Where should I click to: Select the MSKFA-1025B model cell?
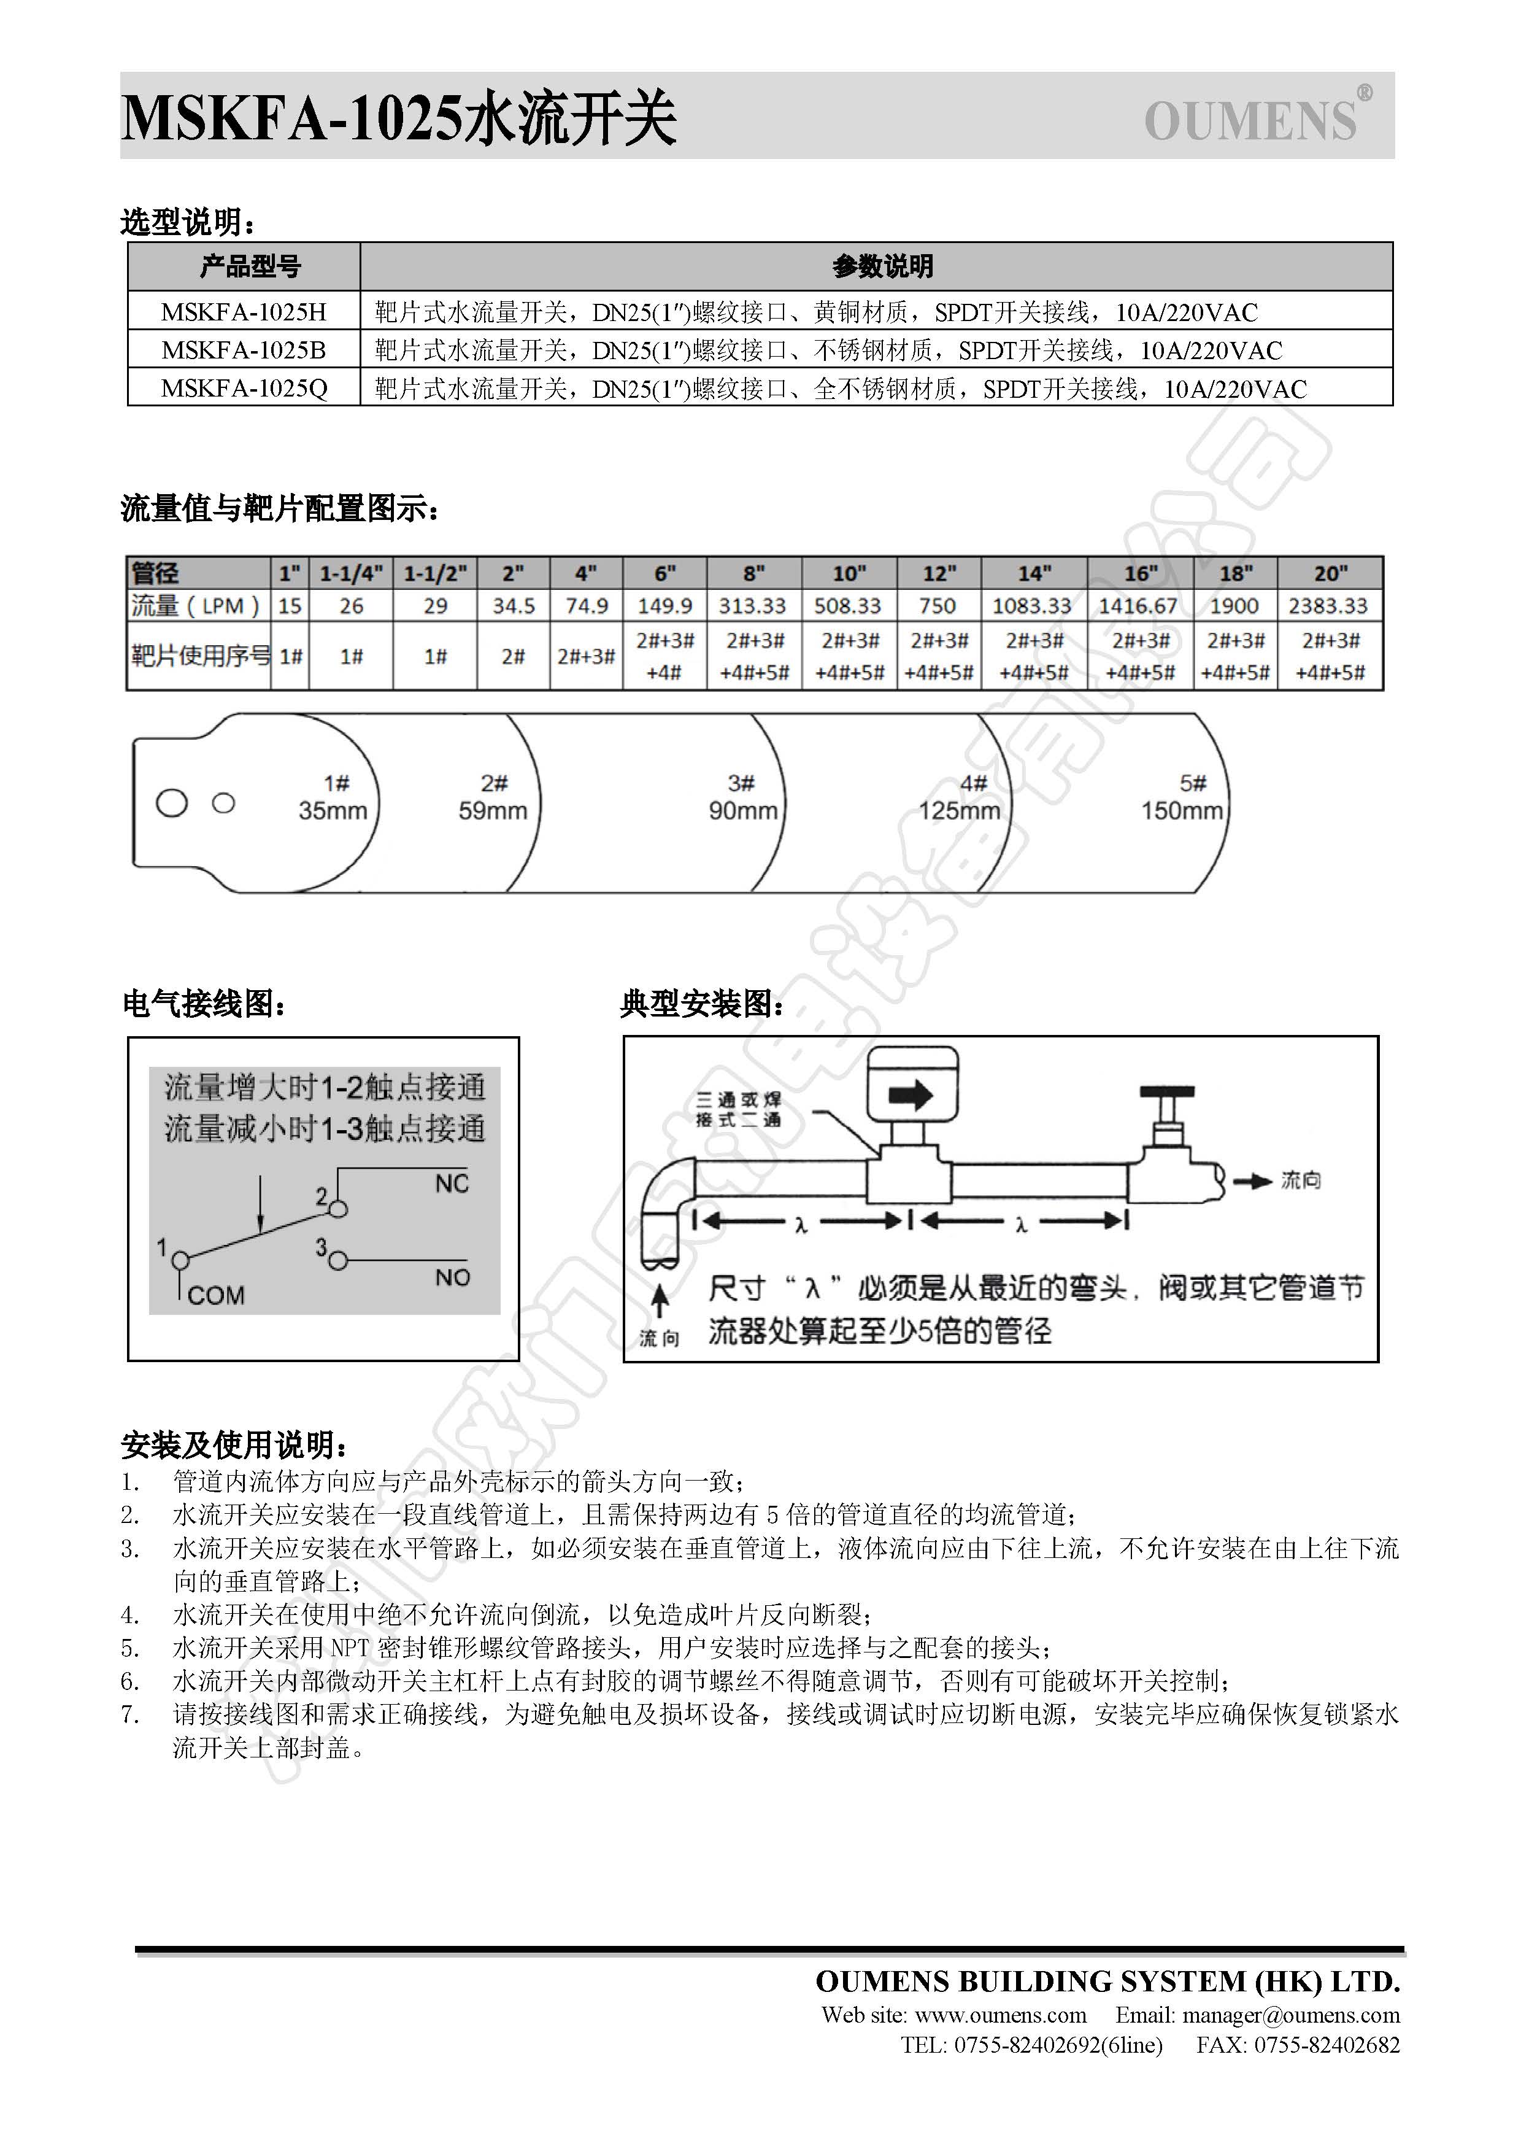coord(244,350)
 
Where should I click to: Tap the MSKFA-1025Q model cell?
coord(244,389)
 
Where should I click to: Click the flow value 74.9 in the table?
coord(586,606)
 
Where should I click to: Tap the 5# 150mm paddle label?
coord(1182,797)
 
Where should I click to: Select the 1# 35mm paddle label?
coord(333,797)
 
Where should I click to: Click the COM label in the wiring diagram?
coord(216,1296)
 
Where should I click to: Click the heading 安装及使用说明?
coord(234,1446)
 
